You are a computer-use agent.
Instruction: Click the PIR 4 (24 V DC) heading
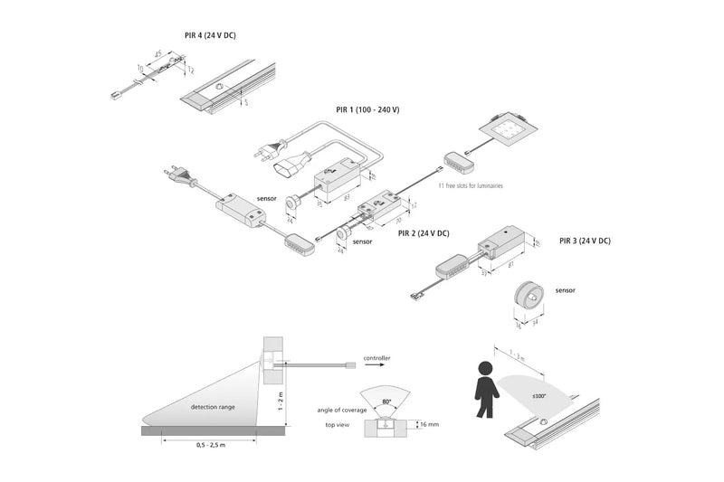point(211,36)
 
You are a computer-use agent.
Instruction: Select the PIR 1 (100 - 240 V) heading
point(367,109)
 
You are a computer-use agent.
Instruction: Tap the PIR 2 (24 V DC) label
point(423,233)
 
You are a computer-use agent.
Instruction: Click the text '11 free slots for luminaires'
point(470,185)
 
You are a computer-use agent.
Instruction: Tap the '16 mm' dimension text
point(427,423)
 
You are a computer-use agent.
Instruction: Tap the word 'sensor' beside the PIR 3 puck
point(566,290)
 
